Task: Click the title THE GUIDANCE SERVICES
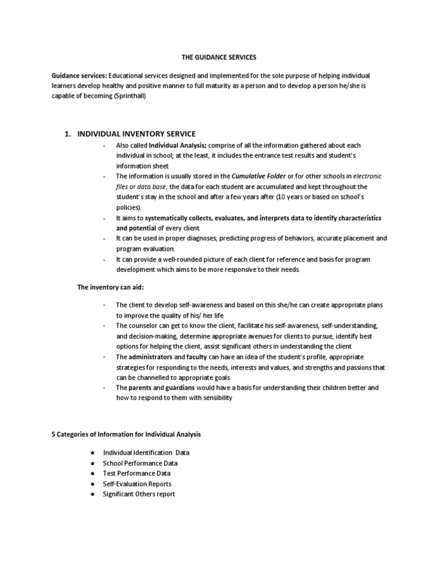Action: click(219, 58)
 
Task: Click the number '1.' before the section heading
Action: click(67, 134)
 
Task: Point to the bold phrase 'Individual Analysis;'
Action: click(178, 146)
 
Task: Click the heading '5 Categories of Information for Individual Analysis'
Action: click(126, 434)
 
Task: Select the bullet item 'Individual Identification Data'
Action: click(146, 452)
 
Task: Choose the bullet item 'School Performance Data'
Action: click(139, 463)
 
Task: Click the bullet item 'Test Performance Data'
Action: click(136, 474)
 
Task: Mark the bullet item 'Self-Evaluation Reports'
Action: click(137, 484)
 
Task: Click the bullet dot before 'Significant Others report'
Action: click(93, 494)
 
